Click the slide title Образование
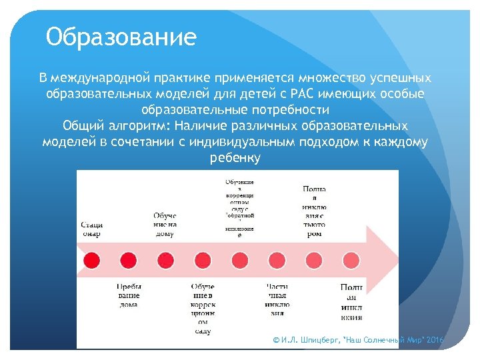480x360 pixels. [121, 37]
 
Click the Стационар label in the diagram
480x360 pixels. [91, 229]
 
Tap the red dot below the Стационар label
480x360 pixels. [91, 259]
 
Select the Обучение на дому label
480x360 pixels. [165, 225]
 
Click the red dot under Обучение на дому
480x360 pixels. [165, 259]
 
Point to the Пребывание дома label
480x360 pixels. [129, 295]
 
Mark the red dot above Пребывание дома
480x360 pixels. [128, 259]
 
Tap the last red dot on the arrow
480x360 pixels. [351, 259]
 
